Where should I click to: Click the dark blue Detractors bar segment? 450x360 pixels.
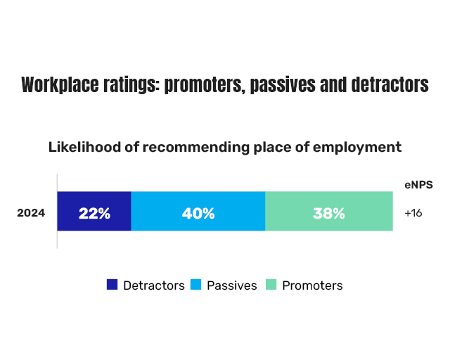(x=94, y=211)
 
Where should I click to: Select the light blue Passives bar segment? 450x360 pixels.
(x=198, y=211)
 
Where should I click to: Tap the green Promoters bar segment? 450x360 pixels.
(x=329, y=211)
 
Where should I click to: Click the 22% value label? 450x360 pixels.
(x=94, y=214)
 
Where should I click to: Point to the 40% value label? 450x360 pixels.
(x=198, y=214)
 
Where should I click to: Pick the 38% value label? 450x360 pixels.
(x=329, y=214)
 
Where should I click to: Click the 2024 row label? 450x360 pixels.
(x=31, y=213)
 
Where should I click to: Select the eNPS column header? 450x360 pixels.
(x=419, y=185)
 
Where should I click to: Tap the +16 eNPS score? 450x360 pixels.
(x=413, y=213)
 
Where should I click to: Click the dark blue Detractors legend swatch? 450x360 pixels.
(x=112, y=285)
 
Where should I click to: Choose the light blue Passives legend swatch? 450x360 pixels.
(x=195, y=285)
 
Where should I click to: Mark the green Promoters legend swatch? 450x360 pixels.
(x=271, y=285)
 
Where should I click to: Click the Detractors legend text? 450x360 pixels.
(x=154, y=285)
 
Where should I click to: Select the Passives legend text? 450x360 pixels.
(x=232, y=285)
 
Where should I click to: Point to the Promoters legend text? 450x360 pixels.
(x=312, y=285)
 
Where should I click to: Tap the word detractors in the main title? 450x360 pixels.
(x=390, y=84)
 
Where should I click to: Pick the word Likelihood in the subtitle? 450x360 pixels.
(x=84, y=147)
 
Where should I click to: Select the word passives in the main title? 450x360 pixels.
(x=283, y=85)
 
